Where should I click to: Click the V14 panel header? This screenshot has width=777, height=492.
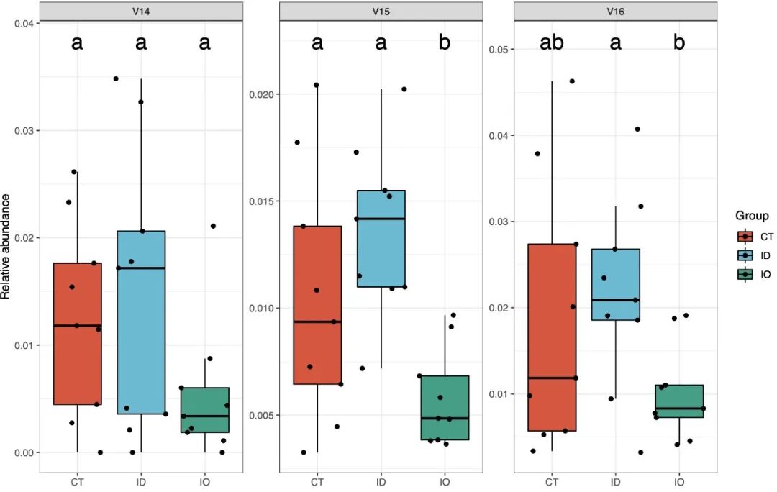pos(140,12)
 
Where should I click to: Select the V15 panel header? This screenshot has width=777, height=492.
pos(381,12)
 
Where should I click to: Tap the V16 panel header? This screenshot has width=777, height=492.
pos(616,12)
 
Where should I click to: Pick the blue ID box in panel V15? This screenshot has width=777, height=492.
pos(381,238)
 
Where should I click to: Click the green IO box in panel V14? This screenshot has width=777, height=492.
pos(204,410)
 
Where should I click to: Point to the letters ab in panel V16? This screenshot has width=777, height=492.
pos(552,43)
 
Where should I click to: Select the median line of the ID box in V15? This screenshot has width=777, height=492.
pos(381,219)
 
